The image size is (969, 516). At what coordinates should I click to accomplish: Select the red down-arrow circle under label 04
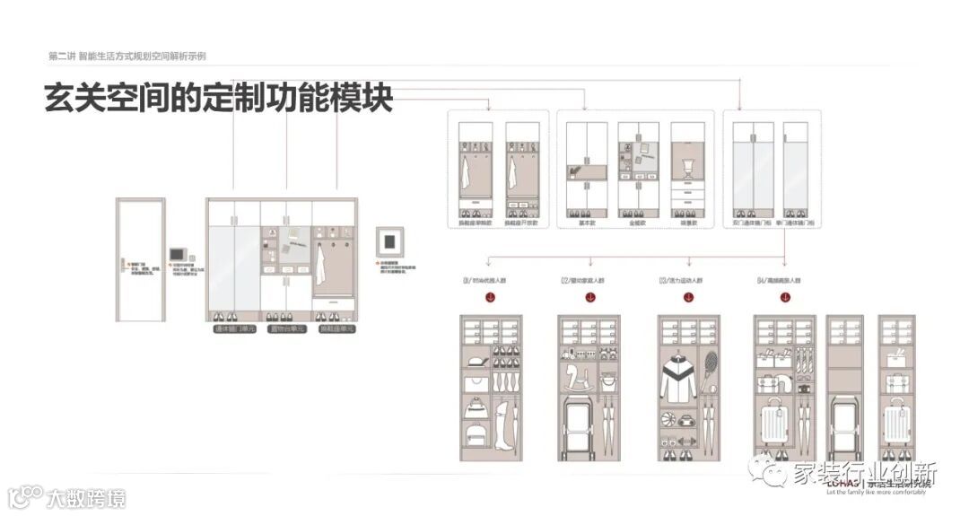click(x=783, y=299)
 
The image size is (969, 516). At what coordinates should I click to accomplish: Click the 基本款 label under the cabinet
click(x=583, y=221)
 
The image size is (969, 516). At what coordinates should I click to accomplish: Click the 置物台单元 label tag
click(x=286, y=329)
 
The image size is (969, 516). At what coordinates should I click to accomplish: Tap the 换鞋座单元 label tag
click(x=337, y=329)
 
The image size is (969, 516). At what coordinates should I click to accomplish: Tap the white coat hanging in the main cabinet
click(x=321, y=264)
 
